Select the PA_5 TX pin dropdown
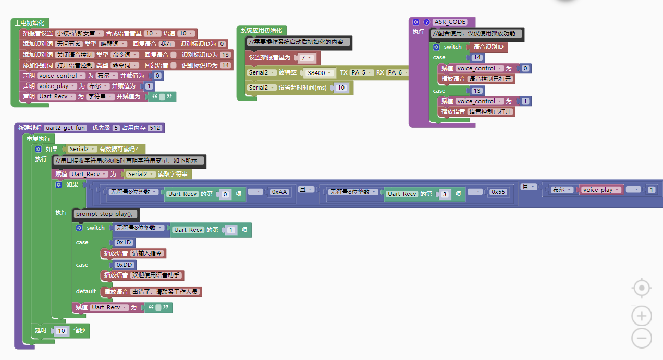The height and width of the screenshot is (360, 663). (x=360, y=73)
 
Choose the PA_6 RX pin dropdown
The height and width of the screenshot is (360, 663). (x=397, y=73)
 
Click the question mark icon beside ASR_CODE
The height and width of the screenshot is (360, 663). (x=426, y=22)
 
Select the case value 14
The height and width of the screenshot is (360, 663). (x=477, y=58)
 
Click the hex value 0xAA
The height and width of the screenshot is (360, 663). (x=279, y=192)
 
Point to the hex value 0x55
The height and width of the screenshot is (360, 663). (x=498, y=192)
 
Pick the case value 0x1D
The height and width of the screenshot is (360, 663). (x=124, y=242)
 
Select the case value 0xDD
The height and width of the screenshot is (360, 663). (x=125, y=265)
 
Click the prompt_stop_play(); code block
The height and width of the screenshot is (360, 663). (x=107, y=214)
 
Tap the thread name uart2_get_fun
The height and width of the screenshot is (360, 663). (x=66, y=128)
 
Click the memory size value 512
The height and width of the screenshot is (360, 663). (x=155, y=128)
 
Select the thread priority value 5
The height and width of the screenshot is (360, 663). (x=116, y=128)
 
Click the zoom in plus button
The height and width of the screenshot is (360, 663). (x=642, y=316)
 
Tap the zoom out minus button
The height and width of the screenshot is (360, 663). (x=642, y=338)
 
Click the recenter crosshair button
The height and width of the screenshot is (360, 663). (x=642, y=288)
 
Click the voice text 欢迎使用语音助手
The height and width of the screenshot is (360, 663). (x=156, y=275)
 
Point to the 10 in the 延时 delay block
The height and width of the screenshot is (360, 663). (x=62, y=331)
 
